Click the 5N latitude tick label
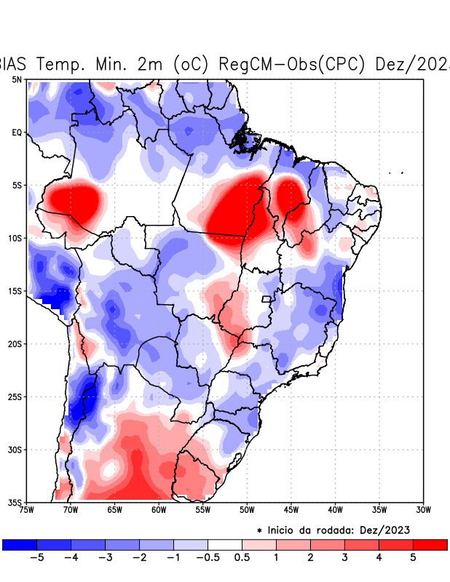(16, 79)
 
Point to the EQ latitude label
(16, 132)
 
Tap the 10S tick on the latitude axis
(15, 238)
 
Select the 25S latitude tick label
(15, 397)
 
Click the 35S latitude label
(15, 503)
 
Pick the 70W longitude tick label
(70, 510)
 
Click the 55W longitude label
(202, 510)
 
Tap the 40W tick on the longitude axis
(335, 510)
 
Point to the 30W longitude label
(424, 510)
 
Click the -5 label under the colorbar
(36, 558)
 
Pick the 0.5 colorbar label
(242, 558)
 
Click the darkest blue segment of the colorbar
(20, 544)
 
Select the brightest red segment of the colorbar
(430, 544)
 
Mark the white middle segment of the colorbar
(224, 544)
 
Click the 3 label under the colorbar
(344, 558)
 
